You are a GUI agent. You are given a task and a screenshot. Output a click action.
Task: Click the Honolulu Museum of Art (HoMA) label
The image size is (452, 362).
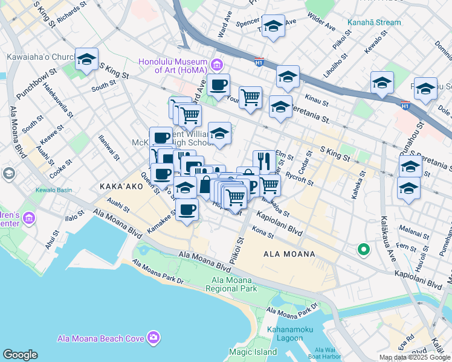(x=173, y=66)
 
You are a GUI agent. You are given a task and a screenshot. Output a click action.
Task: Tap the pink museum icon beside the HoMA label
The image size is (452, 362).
(x=216, y=63)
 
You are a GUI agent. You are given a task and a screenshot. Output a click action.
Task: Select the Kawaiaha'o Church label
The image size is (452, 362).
(x=40, y=58)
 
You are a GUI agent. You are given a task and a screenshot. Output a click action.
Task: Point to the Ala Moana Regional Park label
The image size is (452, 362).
(x=234, y=284)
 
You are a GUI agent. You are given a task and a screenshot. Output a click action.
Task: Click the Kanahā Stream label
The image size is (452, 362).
(x=374, y=23)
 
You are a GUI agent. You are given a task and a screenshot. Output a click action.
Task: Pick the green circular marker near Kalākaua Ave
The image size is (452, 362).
(x=363, y=249)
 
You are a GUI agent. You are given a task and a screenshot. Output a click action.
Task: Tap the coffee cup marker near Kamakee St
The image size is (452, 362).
(x=187, y=210)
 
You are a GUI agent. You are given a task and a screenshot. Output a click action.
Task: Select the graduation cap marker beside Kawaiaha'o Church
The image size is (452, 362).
(x=86, y=59)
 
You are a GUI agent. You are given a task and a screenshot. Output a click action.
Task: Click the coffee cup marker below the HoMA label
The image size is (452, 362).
(x=218, y=84)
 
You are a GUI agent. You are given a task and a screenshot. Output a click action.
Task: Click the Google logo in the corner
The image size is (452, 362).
(x=20, y=355)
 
